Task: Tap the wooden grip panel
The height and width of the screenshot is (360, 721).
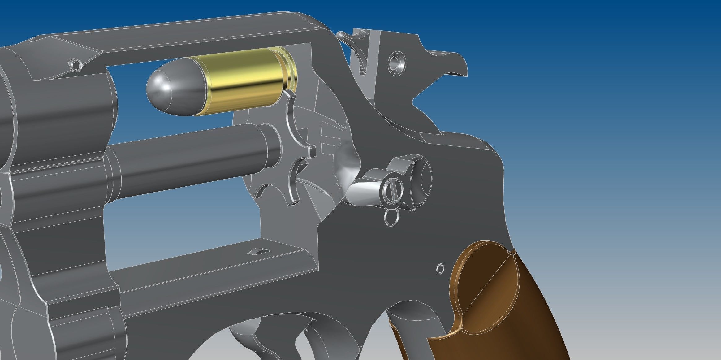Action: [x=511, y=310]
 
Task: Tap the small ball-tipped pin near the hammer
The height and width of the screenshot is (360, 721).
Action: [x=341, y=35]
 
